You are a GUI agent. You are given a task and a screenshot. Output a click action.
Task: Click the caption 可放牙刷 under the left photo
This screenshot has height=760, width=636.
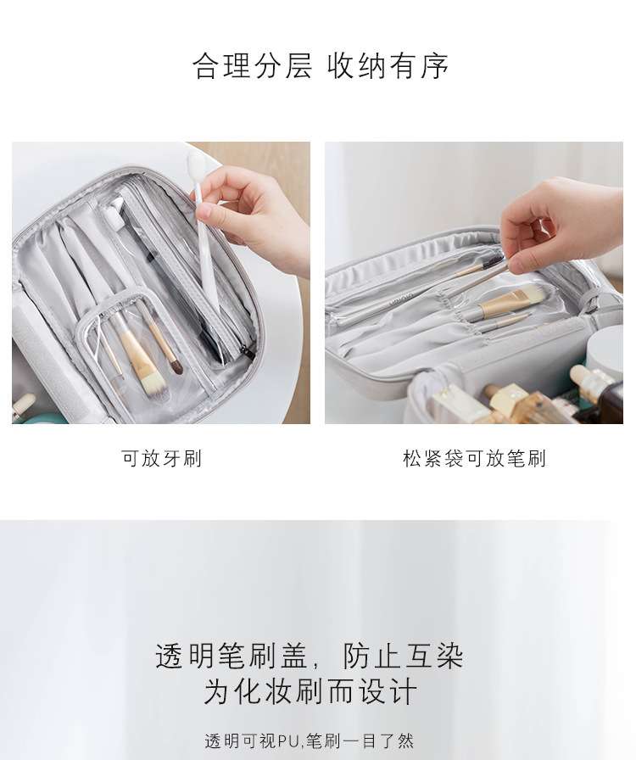(x=161, y=458)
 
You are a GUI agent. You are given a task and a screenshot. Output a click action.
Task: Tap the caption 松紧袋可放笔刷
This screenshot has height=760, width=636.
(x=474, y=458)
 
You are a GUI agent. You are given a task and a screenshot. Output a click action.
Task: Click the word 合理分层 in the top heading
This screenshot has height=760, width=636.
(x=252, y=66)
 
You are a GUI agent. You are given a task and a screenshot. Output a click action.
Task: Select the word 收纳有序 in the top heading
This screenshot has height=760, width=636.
(x=388, y=66)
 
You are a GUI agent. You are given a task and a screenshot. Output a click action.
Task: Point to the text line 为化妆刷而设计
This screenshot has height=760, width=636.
(x=310, y=691)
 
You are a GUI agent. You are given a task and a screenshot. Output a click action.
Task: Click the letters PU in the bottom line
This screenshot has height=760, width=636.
(x=289, y=741)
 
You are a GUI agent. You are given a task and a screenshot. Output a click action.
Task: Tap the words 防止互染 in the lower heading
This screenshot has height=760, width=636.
(x=404, y=657)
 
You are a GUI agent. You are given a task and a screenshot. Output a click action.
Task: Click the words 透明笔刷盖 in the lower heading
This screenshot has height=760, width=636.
(x=232, y=657)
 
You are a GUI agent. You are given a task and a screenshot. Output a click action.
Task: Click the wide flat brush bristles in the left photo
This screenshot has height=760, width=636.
(x=155, y=383)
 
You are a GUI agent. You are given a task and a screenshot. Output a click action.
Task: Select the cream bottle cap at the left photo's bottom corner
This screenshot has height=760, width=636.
(x=23, y=405)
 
